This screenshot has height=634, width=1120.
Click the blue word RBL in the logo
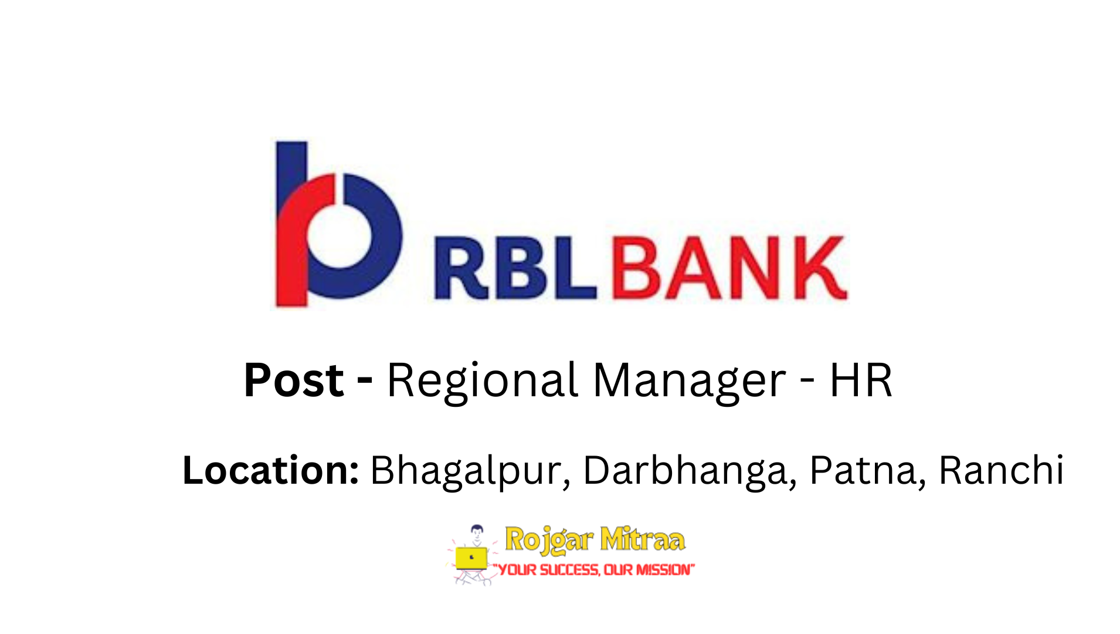[x=515, y=268]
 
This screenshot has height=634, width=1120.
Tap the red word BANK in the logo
[x=729, y=268]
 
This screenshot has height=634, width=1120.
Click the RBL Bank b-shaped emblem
[x=339, y=224]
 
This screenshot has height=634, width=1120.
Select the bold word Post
[x=293, y=380]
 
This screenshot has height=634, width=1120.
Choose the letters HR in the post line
[x=861, y=380]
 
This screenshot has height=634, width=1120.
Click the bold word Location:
[x=270, y=470]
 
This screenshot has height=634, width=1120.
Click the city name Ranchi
[x=1001, y=470]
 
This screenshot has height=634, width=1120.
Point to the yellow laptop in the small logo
[x=471, y=558]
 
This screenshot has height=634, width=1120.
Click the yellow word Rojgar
[x=549, y=540]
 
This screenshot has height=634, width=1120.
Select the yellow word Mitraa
[x=643, y=539]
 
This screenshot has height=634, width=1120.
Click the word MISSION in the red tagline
[x=663, y=569]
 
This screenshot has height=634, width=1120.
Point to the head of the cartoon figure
[x=477, y=531]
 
